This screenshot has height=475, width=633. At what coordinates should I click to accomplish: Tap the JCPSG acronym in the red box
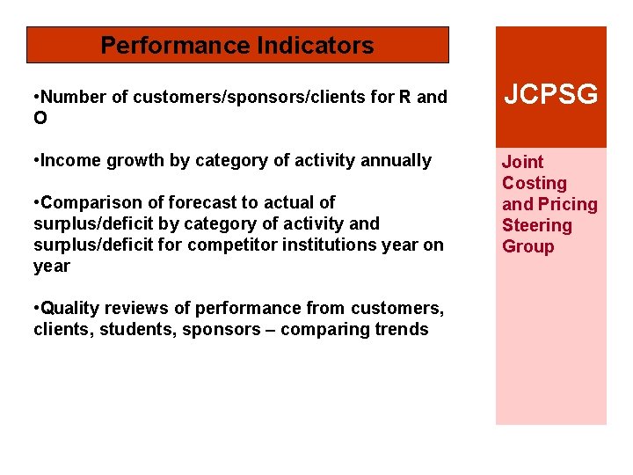coord(550,94)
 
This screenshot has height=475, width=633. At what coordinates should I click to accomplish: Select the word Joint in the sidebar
coord(522,162)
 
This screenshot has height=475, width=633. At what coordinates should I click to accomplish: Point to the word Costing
coord(535,183)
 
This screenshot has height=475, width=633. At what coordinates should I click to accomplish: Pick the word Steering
coord(536,225)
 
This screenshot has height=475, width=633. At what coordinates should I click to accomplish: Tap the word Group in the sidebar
coord(527,246)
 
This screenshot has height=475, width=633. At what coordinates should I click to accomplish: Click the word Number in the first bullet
coord(73,97)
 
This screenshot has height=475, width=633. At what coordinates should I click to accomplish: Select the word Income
coord(70,160)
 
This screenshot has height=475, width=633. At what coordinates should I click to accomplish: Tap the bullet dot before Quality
coord(36,308)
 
